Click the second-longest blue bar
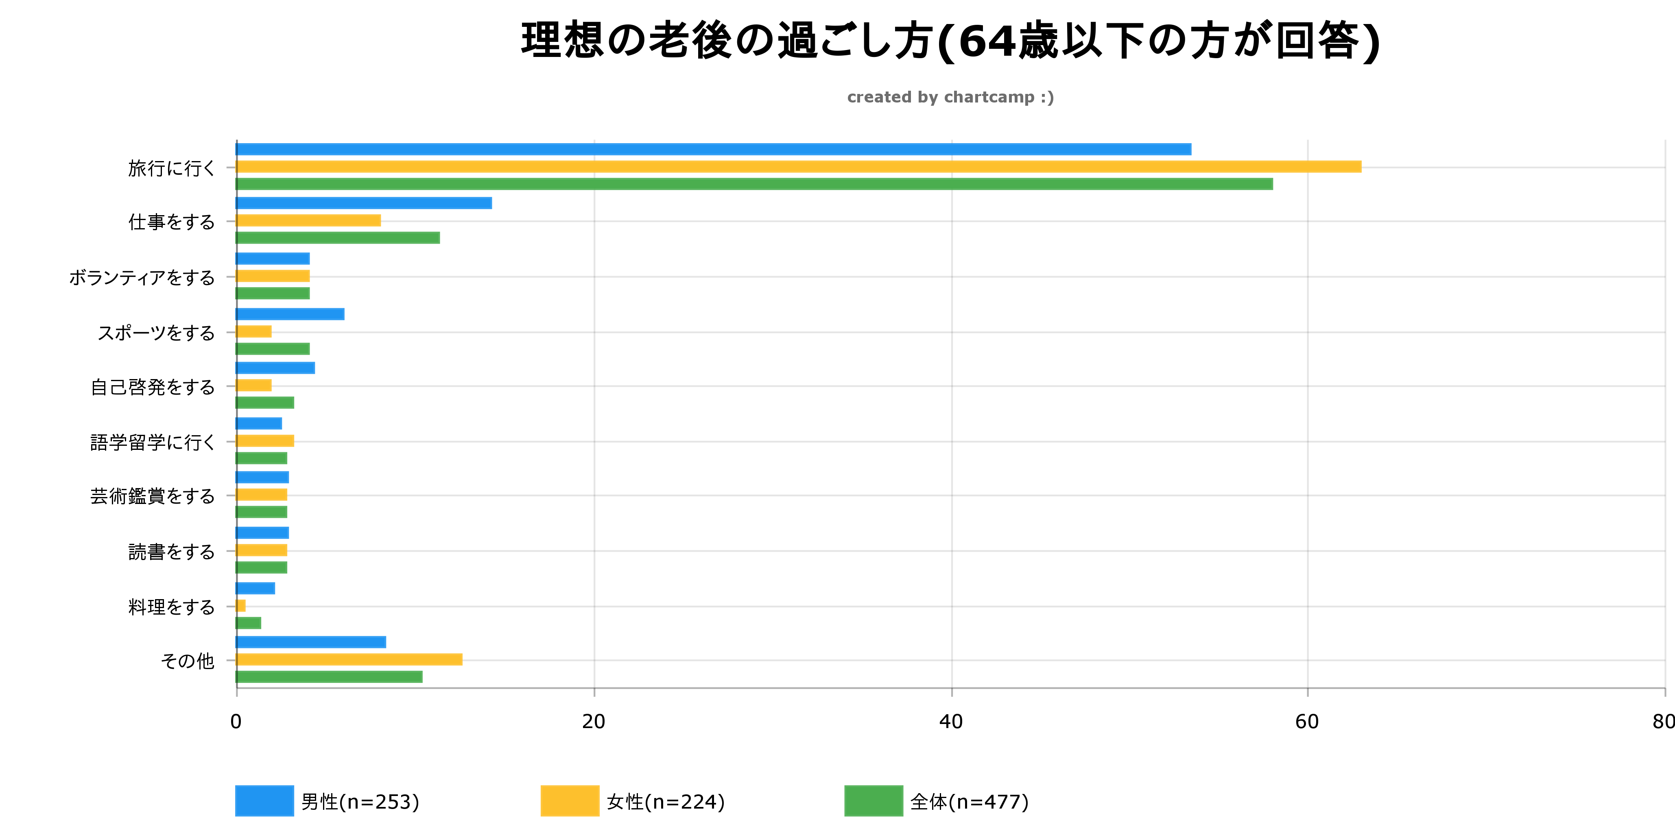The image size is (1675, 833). (x=364, y=203)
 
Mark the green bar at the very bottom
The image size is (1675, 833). (x=329, y=677)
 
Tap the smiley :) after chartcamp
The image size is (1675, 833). (x=1047, y=98)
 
